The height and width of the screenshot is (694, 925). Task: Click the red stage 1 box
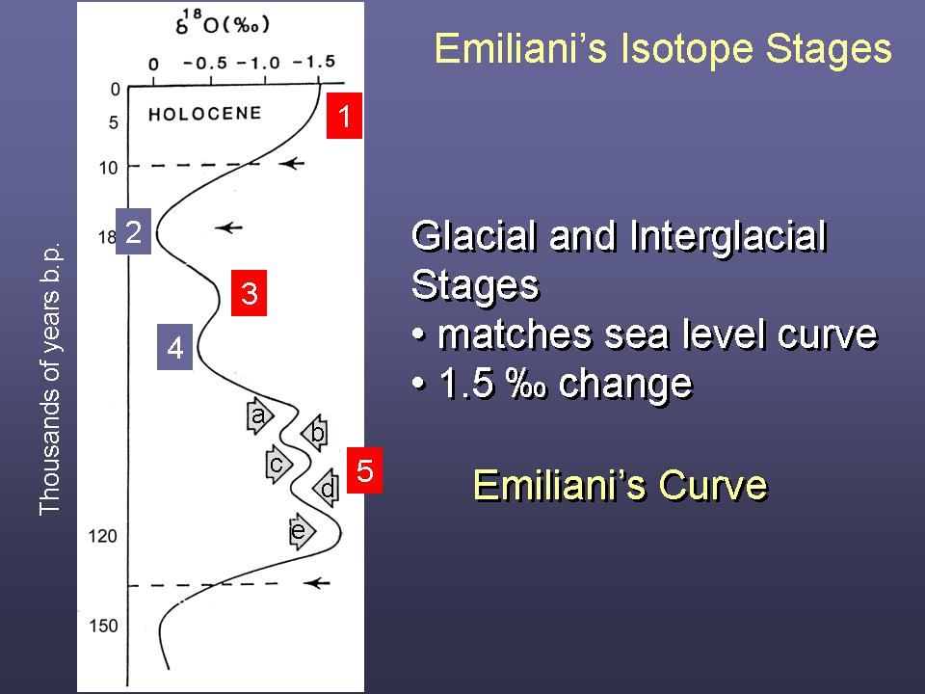coord(344,116)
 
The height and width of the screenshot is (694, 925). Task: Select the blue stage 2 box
coord(133,231)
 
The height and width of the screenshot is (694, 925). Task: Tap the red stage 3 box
coord(249,293)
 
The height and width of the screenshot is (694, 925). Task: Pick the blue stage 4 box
coord(174,347)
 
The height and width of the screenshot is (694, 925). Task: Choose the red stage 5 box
coord(364,470)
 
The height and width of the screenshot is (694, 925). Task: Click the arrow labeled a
coord(259,416)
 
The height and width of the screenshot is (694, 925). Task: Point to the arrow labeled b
coord(316,433)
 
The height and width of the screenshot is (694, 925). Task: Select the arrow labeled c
coord(277,465)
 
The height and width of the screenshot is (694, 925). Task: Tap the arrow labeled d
coord(327,488)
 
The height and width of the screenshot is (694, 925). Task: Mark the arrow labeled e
coord(302,532)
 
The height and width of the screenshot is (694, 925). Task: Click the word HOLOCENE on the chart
coord(204,114)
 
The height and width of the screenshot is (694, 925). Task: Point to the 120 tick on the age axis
coord(103,536)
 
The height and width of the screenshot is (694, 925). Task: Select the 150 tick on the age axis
coord(103,626)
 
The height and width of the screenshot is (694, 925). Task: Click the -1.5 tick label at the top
coord(313,62)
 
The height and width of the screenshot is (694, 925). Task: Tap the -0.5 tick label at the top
coord(205,64)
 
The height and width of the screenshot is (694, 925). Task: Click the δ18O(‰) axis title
coord(223,24)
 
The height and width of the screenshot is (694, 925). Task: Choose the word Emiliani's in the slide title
coord(521,48)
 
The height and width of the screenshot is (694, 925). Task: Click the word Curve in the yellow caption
coord(713,485)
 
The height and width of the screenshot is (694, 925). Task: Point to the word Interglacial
coord(728,237)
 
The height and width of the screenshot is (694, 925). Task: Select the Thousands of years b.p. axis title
coord(50,378)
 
